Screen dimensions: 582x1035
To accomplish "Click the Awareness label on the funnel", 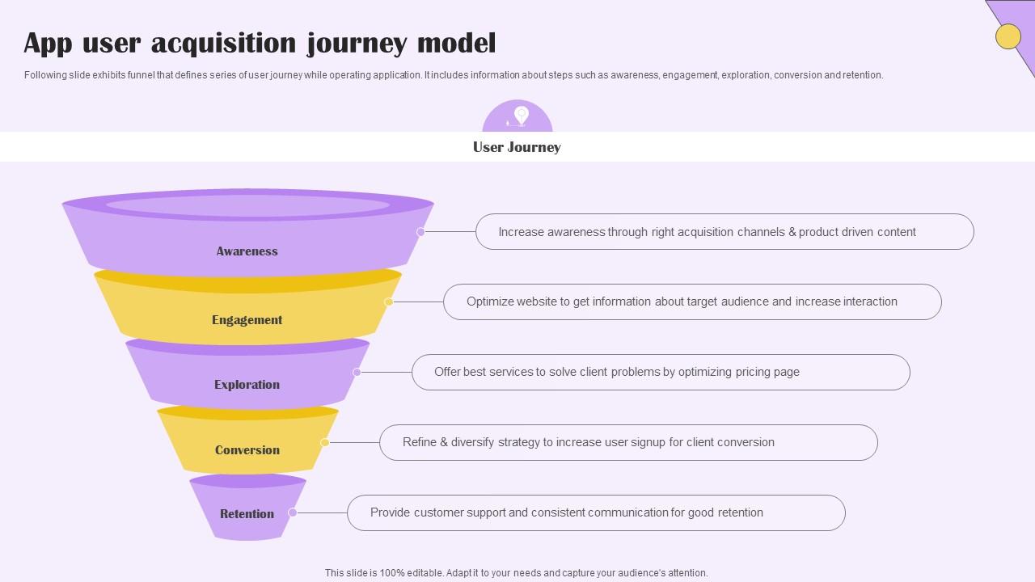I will [247, 251].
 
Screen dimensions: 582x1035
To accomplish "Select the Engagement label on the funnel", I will [247, 320].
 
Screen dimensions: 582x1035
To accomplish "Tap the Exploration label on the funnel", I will [247, 385].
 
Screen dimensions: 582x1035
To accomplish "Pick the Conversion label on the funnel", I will [247, 450].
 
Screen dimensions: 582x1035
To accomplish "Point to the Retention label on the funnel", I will [247, 514].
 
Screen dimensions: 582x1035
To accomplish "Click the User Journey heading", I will [517, 147].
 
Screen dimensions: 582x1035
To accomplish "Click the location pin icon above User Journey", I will [521, 116].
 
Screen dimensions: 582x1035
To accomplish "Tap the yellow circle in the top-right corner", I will [1008, 36].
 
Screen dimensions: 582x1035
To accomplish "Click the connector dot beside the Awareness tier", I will [420, 232].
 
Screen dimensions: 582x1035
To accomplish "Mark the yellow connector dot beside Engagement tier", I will [388, 302].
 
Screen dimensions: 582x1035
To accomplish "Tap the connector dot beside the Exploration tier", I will [357, 373].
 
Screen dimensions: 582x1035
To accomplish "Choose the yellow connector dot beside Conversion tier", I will [324, 443].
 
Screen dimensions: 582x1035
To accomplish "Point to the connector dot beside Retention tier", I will [293, 513].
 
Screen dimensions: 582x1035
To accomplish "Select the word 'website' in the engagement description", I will [542, 302].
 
